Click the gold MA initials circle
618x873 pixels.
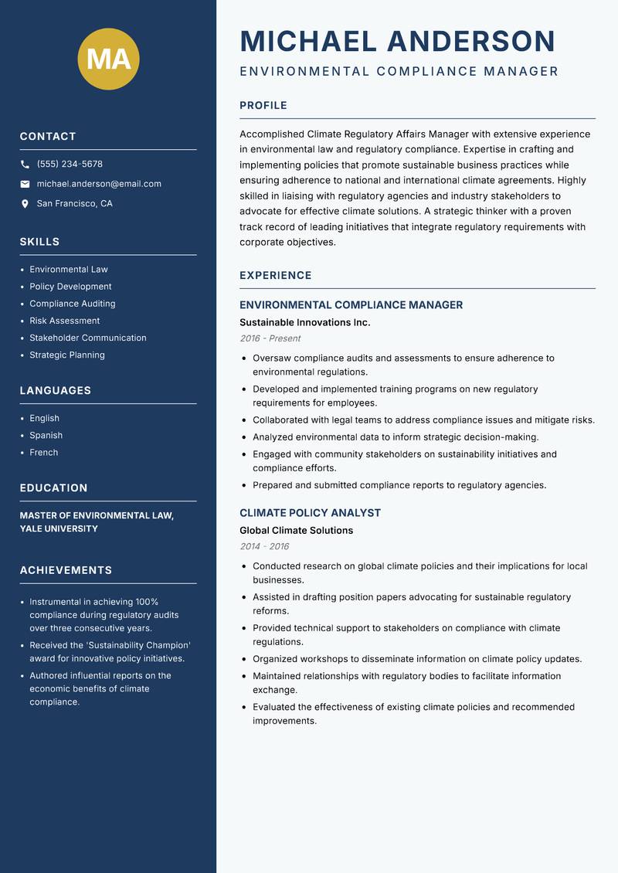point(108,59)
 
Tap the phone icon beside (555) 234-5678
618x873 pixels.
point(25,165)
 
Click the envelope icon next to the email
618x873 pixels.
point(25,184)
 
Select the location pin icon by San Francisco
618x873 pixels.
point(25,204)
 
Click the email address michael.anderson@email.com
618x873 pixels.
point(99,184)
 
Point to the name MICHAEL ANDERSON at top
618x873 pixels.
point(397,41)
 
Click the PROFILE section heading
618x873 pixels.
point(263,106)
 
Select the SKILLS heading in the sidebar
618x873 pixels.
point(39,242)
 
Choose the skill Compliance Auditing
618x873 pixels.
point(73,304)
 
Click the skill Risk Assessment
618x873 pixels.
point(65,321)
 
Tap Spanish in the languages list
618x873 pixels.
point(46,436)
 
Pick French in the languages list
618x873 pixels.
point(44,453)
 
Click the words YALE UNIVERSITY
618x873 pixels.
point(59,529)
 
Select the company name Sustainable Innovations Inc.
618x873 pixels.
point(304,322)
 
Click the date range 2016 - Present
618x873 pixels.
point(270,338)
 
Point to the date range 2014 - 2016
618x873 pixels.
point(264,546)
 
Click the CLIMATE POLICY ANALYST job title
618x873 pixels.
point(310,513)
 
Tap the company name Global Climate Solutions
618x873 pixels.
point(296,531)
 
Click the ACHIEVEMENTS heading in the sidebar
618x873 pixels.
point(66,570)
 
